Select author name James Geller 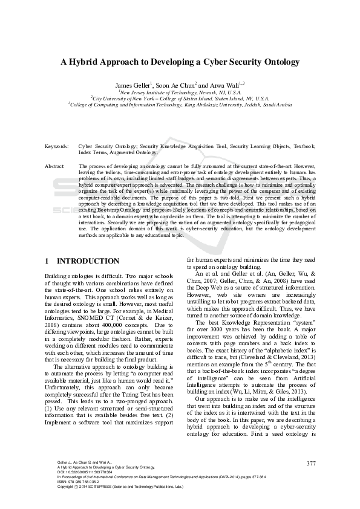coord(133,85)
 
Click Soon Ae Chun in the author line coord(175,85)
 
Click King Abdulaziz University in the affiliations coord(229,104)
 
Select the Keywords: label coord(56,146)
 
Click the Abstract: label coord(55,165)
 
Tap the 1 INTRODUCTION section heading coord(82,261)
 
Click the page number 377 coord(311,464)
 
